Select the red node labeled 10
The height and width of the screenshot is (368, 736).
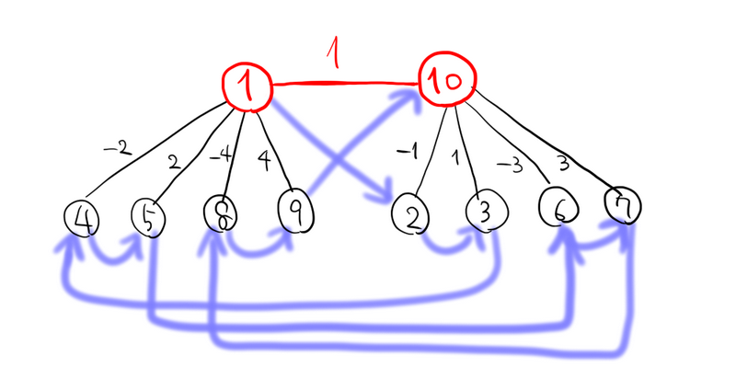point(446,83)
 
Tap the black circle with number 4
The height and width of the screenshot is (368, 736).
point(83,220)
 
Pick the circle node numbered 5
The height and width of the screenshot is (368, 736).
point(147,218)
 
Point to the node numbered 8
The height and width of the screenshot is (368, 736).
point(222,214)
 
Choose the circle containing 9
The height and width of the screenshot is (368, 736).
point(295,211)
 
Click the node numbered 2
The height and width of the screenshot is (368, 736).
point(411,216)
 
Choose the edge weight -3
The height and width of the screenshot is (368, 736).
point(510,162)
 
